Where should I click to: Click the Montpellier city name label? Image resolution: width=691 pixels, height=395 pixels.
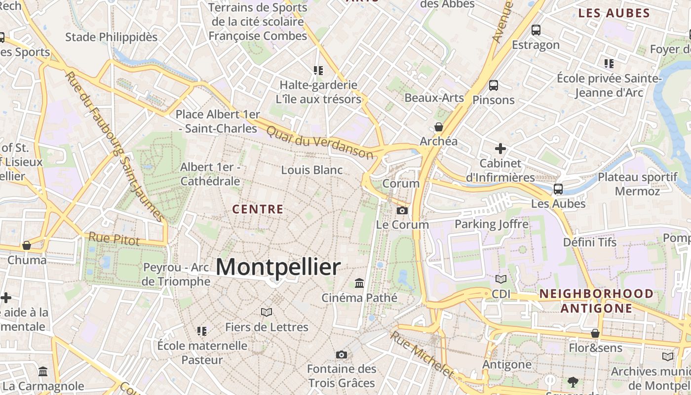pyautogui.click(x=278, y=267)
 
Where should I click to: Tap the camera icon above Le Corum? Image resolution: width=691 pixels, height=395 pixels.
pyautogui.click(x=402, y=211)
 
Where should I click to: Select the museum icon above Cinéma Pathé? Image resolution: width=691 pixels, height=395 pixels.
pyautogui.click(x=359, y=283)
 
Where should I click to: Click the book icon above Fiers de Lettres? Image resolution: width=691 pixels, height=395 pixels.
pyautogui.click(x=267, y=312)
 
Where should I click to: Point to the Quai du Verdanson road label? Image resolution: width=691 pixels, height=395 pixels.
pyautogui.click(x=320, y=142)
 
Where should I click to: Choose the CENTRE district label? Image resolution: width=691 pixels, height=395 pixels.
pyautogui.click(x=258, y=209)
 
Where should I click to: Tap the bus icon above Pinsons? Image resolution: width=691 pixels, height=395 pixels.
pyautogui.click(x=493, y=85)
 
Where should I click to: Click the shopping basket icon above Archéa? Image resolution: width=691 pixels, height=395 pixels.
pyautogui.click(x=438, y=127)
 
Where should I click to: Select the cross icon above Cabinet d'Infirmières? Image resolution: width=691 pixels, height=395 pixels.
pyautogui.click(x=500, y=148)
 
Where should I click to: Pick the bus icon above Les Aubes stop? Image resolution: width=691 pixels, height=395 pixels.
pyautogui.click(x=558, y=189)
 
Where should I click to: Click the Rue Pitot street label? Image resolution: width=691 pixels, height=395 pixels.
pyautogui.click(x=114, y=239)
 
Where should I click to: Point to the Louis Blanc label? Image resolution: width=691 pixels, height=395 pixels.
pyautogui.click(x=312, y=170)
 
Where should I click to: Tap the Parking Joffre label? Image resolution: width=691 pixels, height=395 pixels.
pyautogui.click(x=492, y=224)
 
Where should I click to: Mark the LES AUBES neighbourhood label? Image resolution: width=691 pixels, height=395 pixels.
pyautogui.click(x=614, y=13)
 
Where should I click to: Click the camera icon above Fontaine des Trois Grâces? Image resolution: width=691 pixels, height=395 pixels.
pyautogui.click(x=341, y=355)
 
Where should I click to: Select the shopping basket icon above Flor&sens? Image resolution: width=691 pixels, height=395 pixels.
pyautogui.click(x=595, y=333)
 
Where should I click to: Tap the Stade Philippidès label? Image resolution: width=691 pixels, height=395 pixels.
pyautogui.click(x=112, y=37)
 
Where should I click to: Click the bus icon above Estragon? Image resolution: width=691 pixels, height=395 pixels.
pyautogui.click(x=536, y=30)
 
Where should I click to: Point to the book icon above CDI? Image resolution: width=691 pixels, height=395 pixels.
pyautogui.click(x=501, y=279)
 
